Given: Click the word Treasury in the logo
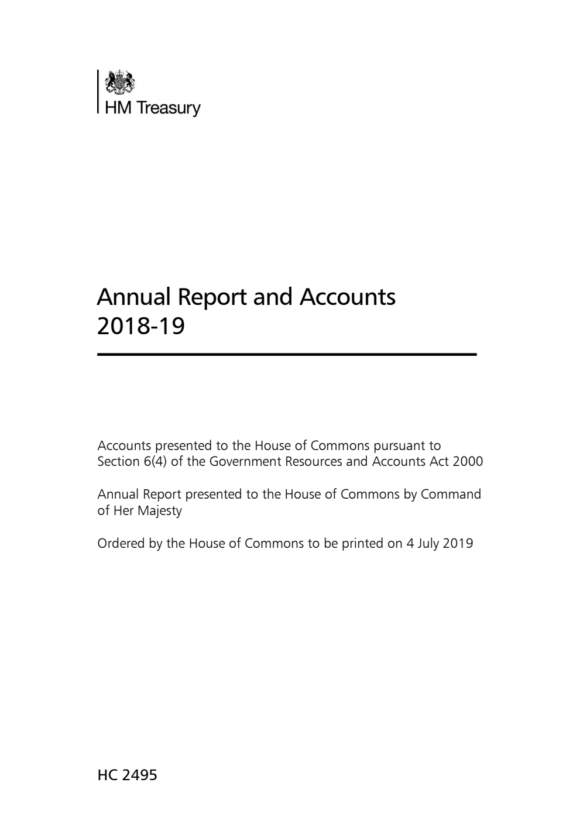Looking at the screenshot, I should click(169, 108).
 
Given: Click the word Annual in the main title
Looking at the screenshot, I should click(133, 297).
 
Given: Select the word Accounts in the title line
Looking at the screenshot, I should click(348, 297).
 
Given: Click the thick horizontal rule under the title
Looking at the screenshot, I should click(287, 354).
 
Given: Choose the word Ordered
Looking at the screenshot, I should click(120, 543).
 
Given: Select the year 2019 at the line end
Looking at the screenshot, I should click(458, 543).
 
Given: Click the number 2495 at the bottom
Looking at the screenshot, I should click(139, 776).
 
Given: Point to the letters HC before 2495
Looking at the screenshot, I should click(107, 776).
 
